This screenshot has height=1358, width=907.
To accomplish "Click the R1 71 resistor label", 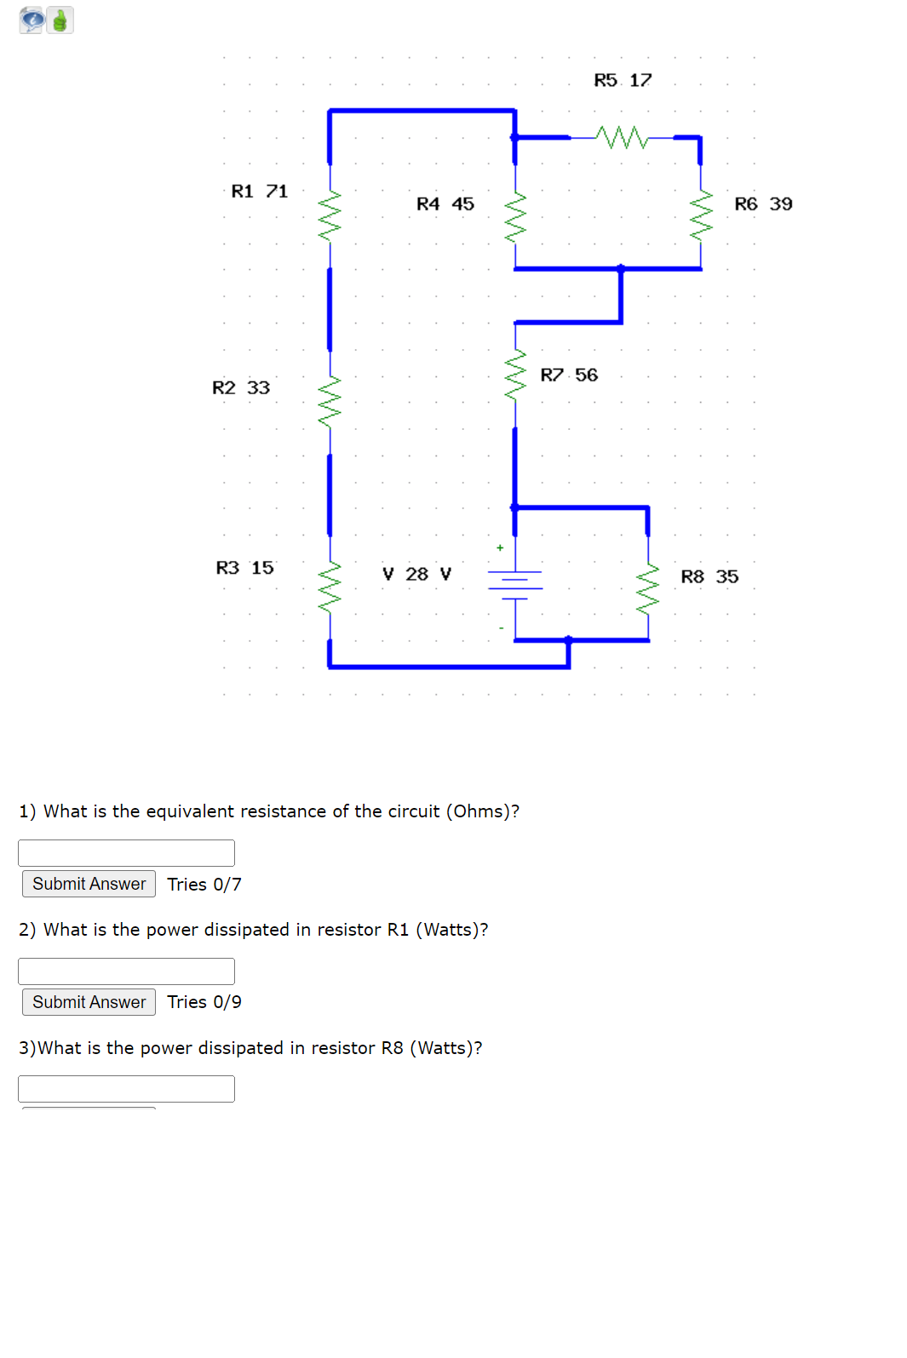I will (260, 192).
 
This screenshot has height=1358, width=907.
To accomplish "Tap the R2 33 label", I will (241, 388).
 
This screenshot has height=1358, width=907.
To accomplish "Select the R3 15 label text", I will (245, 568).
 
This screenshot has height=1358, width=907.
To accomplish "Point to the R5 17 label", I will (623, 80).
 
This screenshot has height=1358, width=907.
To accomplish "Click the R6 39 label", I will (763, 204).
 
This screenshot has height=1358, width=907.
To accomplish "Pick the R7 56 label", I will (569, 375).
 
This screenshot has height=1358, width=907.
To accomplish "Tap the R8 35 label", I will (709, 577).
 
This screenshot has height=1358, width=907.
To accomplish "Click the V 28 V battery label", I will (416, 575).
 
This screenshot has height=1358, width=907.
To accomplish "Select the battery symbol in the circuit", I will (515, 584).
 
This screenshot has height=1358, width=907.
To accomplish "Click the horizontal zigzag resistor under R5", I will (623, 137).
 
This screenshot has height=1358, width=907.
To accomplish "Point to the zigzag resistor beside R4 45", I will (515, 216).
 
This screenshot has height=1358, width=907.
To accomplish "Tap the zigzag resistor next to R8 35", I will (649, 587).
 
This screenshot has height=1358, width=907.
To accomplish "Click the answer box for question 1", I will (126, 853).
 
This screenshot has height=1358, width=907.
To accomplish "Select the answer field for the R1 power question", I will (126, 971).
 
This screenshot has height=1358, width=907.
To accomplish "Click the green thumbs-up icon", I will (60, 20).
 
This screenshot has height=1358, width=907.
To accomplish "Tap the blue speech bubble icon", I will (32, 20).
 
